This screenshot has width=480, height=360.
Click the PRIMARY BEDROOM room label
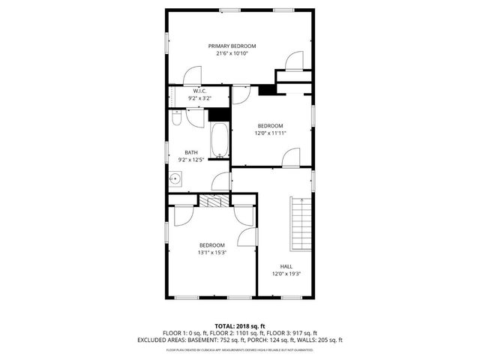237,46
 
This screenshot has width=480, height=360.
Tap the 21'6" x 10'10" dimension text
237,53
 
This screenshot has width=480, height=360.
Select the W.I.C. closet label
199,91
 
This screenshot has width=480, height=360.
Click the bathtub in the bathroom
220,140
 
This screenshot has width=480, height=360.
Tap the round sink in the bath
175,178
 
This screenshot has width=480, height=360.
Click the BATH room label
192,152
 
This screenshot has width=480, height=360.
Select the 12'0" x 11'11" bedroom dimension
271,133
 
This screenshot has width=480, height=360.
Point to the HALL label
286,266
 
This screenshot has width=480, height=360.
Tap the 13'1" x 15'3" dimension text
211,253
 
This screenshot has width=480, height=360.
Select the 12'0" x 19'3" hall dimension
286,274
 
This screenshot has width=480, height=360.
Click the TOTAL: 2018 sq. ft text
240,326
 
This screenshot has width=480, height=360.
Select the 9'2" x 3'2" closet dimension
199,98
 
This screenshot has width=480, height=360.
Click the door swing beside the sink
221,182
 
